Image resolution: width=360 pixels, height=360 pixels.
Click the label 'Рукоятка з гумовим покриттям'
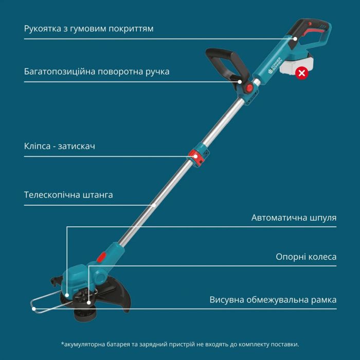[88, 28]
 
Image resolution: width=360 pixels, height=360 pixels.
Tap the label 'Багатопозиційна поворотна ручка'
[97, 71]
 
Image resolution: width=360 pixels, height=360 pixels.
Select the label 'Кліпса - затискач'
[59, 146]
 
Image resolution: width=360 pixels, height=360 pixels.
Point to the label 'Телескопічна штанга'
[68, 195]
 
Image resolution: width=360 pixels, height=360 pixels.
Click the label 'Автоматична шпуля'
[294, 218]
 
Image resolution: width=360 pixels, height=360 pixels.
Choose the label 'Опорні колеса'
[306, 257]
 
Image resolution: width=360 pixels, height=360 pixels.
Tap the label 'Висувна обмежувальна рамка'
[273, 300]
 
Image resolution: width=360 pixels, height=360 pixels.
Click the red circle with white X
[302, 73]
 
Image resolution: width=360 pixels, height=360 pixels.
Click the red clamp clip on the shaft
[196, 155]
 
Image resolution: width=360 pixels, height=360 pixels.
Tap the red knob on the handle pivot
[249, 88]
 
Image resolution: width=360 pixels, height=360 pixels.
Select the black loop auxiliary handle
[226, 62]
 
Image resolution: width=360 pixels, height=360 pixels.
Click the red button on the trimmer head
[101, 256]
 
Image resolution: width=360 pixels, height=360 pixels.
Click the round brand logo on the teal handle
[272, 71]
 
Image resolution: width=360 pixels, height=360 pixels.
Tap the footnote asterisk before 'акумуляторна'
[62, 344]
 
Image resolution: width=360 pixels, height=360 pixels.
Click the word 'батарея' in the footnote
[122, 344]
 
